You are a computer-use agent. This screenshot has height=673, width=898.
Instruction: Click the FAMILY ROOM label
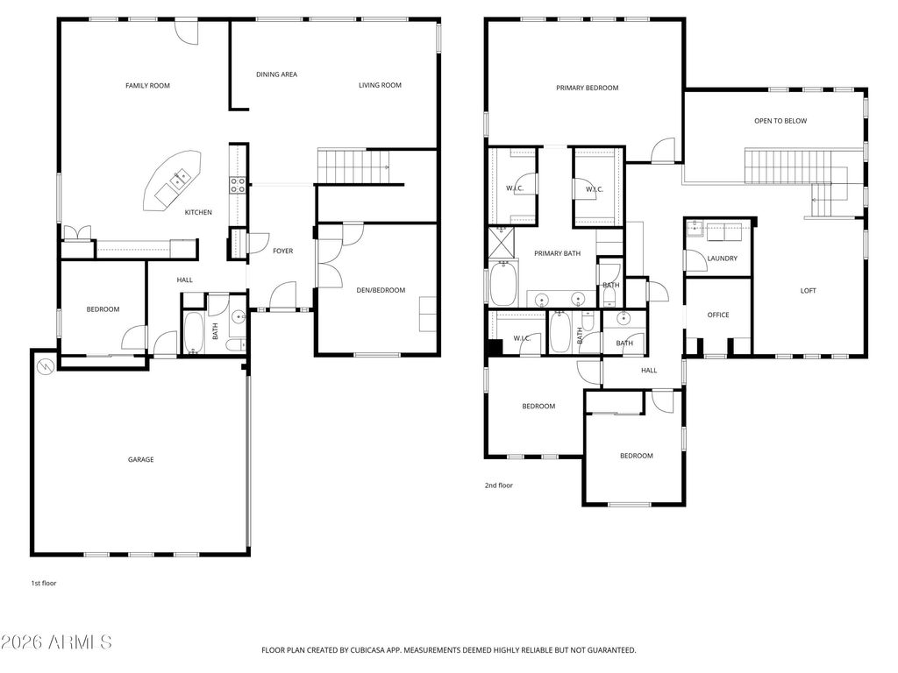147,86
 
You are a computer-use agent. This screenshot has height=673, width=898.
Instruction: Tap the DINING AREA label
276,74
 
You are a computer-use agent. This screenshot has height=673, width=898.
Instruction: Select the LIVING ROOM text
380,85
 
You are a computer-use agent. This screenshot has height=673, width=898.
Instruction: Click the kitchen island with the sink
174,180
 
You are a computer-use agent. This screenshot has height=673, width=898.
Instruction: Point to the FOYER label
282,251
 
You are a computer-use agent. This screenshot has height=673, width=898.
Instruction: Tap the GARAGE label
140,459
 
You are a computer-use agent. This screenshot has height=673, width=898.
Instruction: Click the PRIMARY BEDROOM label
587,88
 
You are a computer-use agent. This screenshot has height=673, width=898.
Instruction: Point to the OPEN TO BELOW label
780,121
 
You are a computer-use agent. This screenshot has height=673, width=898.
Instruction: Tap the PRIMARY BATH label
558,254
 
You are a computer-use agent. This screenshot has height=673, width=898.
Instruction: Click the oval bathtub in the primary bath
504,286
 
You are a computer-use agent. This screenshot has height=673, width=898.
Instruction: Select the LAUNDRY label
722,259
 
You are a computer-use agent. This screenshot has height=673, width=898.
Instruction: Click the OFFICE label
718,315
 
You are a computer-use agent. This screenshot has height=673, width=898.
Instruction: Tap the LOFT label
808,291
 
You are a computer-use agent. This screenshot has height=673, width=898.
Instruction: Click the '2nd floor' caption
498,485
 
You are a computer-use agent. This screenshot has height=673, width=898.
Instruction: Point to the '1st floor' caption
43,583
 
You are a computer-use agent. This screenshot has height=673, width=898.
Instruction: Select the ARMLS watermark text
57,642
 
